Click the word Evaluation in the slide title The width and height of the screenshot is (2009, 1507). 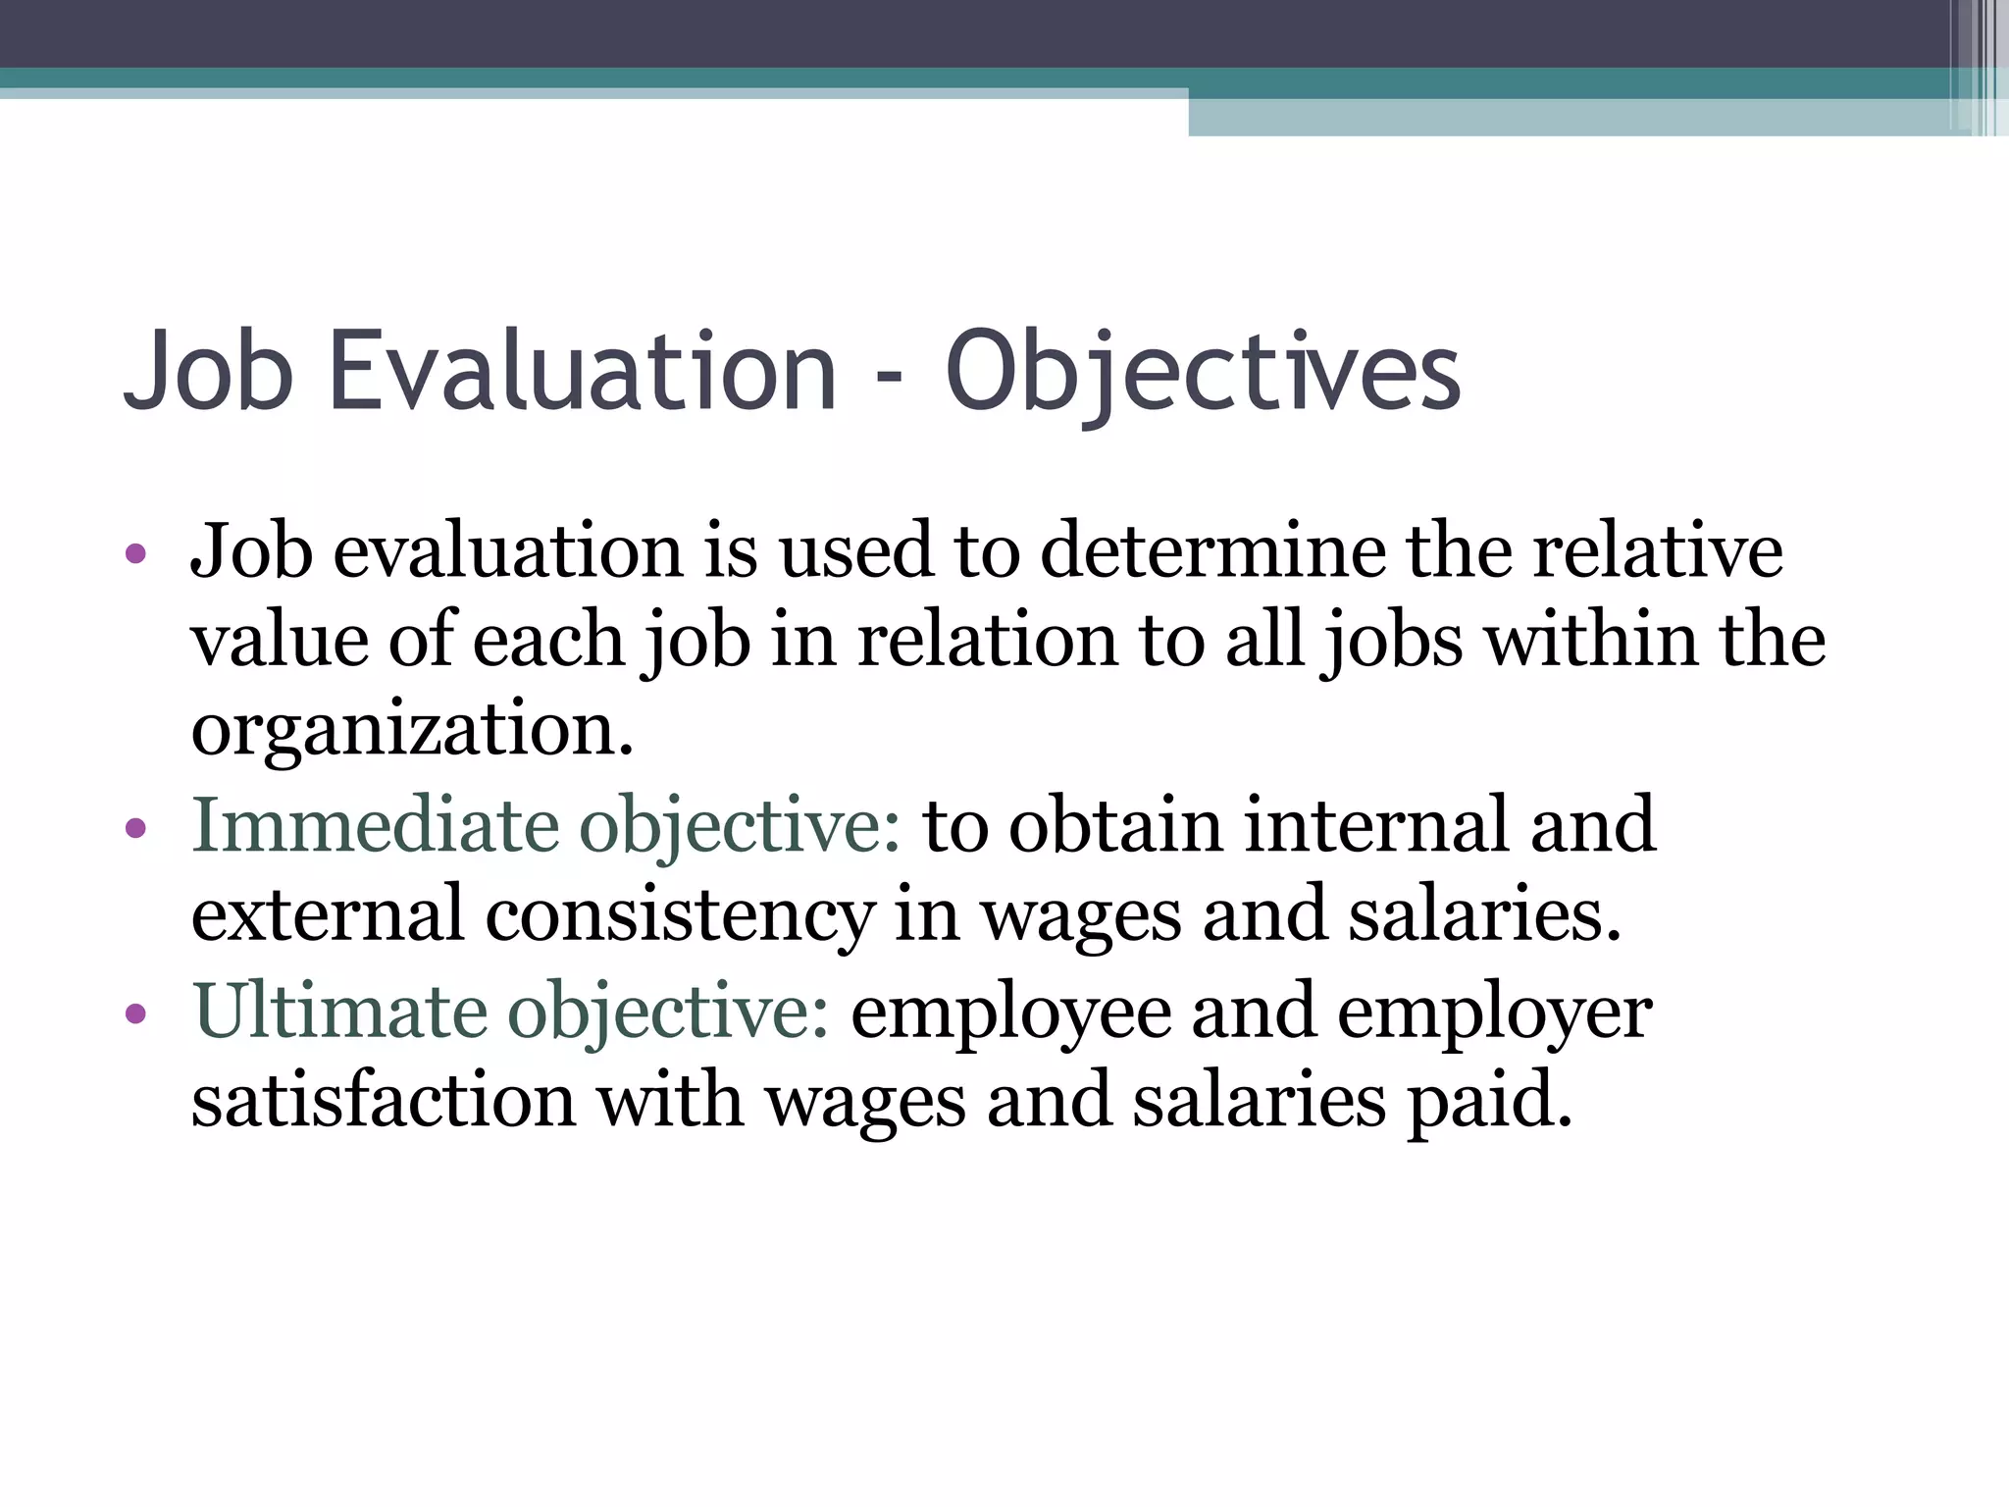click(583, 371)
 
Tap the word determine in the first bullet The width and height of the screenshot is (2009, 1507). click(1212, 551)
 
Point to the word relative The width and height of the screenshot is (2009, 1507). click(1658, 551)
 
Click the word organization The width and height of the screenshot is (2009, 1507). click(412, 731)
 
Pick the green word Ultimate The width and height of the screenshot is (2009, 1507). click(338, 1011)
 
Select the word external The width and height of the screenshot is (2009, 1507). click(327, 914)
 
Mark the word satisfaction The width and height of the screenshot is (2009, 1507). click(384, 1101)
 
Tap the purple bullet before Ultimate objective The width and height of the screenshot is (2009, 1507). click(136, 1014)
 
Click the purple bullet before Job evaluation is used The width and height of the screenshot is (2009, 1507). click(136, 555)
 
